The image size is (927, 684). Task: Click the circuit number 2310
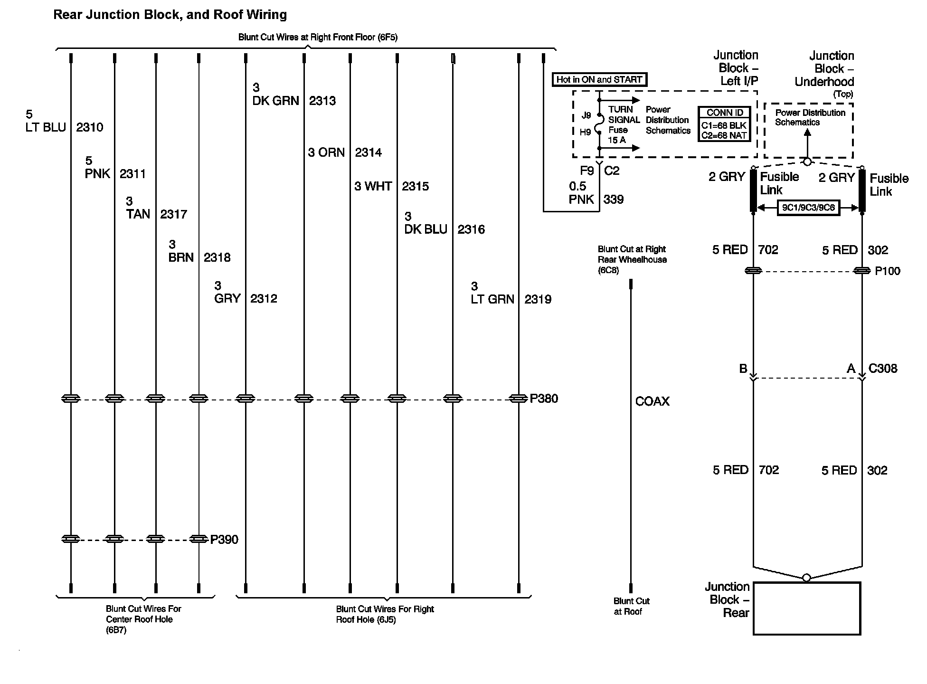(x=90, y=127)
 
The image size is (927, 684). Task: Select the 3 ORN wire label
(x=326, y=152)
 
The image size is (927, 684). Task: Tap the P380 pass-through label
(x=544, y=399)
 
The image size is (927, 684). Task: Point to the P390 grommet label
(x=224, y=540)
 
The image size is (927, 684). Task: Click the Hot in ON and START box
(x=599, y=79)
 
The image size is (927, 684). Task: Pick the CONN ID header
(x=725, y=113)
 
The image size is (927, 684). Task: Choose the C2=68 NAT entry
(x=724, y=135)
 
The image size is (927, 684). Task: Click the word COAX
(x=653, y=401)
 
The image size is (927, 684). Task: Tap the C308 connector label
(x=883, y=369)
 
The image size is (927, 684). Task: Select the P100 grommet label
(x=888, y=271)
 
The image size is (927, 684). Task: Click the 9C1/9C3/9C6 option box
(x=808, y=208)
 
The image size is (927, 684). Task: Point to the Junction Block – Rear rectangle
(x=807, y=608)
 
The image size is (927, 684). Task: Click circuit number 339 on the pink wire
(x=614, y=199)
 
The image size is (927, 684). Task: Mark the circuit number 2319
(x=538, y=299)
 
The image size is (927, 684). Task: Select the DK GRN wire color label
(x=275, y=101)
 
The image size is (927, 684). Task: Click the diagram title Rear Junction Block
(x=170, y=15)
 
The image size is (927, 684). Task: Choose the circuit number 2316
(x=471, y=229)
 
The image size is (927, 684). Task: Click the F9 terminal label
(x=587, y=171)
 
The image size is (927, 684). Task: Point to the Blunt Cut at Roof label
(x=631, y=606)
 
